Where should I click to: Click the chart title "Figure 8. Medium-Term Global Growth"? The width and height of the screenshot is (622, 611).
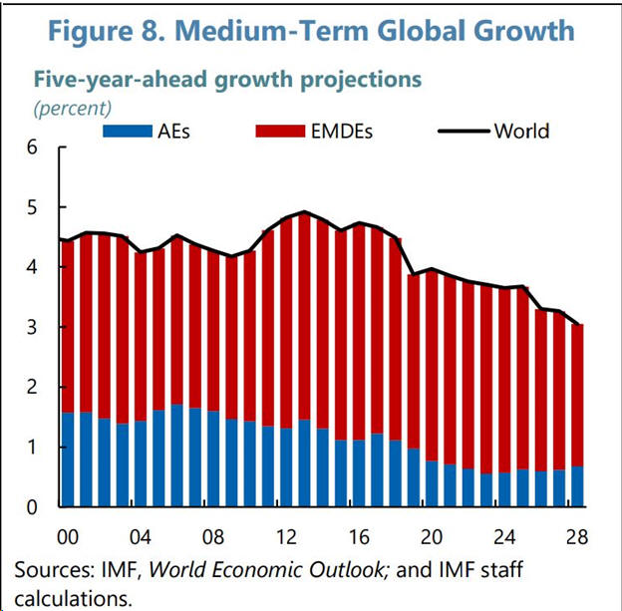(311, 31)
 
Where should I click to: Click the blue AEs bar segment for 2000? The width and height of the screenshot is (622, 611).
(68, 458)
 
